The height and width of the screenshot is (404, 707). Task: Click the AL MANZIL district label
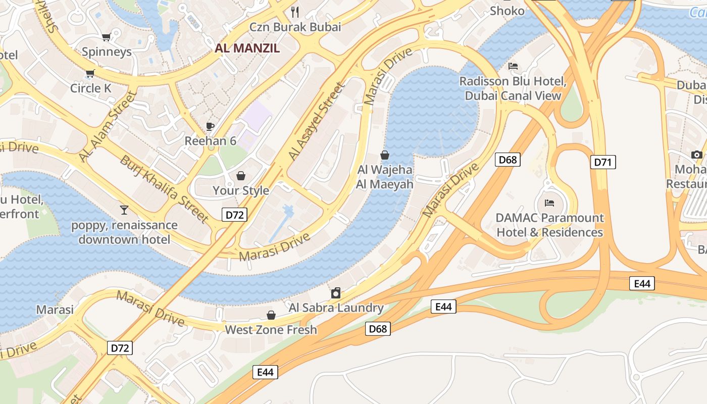[x=247, y=48]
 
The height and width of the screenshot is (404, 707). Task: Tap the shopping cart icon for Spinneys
[x=106, y=37]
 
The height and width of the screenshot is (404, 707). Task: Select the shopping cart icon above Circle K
[x=90, y=74]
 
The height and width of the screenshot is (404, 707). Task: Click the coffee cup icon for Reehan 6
[x=210, y=126]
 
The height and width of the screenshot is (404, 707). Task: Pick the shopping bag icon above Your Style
[x=241, y=176]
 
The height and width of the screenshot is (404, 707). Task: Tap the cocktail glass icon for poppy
[x=124, y=210]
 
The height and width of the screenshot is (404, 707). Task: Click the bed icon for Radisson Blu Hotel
[x=513, y=66]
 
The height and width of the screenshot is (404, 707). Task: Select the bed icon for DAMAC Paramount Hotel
[x=549, y=203]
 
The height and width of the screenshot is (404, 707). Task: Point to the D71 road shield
[x=603, y=162]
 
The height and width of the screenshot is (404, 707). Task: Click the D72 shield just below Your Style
[x=234, y=215]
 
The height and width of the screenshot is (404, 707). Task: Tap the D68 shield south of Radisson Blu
[x=507, y=160]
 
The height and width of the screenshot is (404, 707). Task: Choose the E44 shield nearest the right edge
[x=642, y=283]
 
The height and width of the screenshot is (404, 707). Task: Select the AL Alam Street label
[x=108, y=127]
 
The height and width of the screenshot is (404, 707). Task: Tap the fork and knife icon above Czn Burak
[x=295, y=12]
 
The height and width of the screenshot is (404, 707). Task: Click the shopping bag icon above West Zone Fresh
[x=271, y=315]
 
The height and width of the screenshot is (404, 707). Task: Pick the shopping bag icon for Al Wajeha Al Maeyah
[x=385, y=155]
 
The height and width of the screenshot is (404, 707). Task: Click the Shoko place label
[x=507, y=11]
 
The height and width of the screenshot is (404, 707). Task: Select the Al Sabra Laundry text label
[x=336, y=308]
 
